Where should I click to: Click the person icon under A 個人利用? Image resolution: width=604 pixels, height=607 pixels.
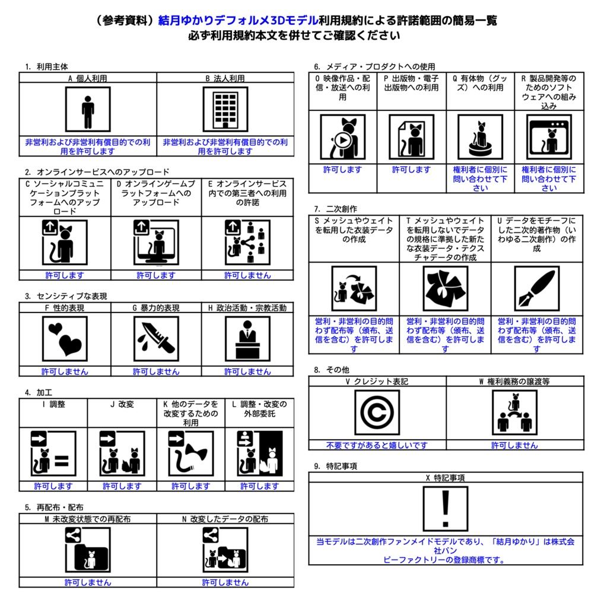(x=88, y=110)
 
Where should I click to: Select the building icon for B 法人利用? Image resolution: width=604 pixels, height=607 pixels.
(x=225, y=110)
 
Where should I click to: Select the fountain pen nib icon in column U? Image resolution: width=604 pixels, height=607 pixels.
(x=536, y=289)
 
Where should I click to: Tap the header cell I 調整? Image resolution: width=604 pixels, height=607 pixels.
(x=53, y=404)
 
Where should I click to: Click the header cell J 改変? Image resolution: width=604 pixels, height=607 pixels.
(x=122, y=404)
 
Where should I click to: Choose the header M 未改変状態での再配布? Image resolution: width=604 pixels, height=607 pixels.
(x=88, y=519)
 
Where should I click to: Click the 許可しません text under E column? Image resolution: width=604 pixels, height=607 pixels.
(x=247, y=275)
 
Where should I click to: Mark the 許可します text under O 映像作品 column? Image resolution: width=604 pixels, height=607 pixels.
(x=342, y=170)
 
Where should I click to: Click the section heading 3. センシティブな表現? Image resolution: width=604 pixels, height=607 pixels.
(x=66, y=296)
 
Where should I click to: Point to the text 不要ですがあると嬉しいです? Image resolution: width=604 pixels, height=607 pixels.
(x=377, y=445)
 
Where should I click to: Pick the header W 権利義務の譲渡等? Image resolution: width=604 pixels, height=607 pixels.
(x=514, y=381)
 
